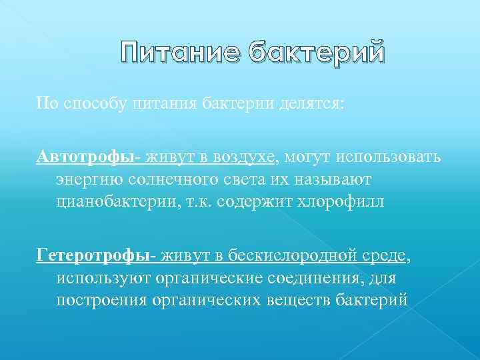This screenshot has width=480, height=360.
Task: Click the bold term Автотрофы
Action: [77, 157]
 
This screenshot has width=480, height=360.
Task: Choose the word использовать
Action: [379, 157]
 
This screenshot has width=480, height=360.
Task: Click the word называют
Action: [341, 180]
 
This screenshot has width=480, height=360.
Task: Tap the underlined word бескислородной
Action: [299, 255]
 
